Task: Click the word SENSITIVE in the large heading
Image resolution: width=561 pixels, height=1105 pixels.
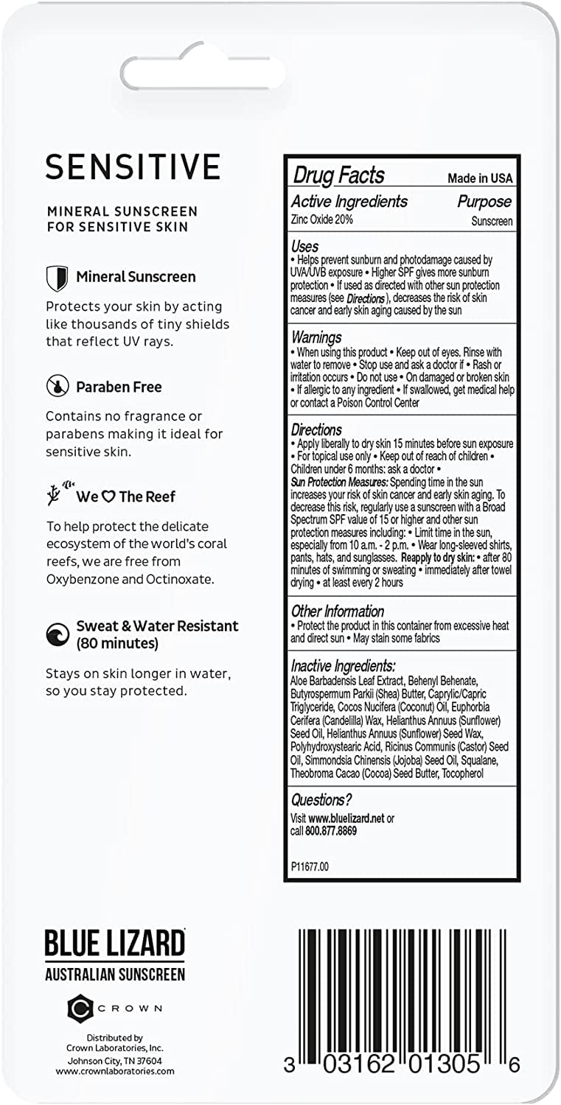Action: [x=133, y=166]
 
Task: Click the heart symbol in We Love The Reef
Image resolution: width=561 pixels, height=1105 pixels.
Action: [x=108, y=497]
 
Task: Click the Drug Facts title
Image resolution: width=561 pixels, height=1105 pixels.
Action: [x=338, y=175]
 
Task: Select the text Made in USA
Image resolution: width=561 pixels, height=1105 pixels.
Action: [x=480, y=178]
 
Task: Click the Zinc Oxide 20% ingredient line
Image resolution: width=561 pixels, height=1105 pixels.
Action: [x=321, y=220]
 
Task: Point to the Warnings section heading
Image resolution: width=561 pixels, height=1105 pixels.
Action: [x=316, y=337]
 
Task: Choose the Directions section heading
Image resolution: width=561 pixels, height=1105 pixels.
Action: [x=316, y=429]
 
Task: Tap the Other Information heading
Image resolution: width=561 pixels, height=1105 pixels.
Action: [x=337, y=611]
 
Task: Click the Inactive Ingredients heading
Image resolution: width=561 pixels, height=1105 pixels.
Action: [x=343, y=665]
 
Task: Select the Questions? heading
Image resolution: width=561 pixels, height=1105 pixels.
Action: [x=321, y=799]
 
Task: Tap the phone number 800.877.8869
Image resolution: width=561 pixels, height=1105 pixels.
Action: [x=331, y=831]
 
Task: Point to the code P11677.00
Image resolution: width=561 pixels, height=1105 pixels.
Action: [x=310, y=866]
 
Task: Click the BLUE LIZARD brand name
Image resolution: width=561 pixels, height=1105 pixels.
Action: [x=114, y=944]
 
